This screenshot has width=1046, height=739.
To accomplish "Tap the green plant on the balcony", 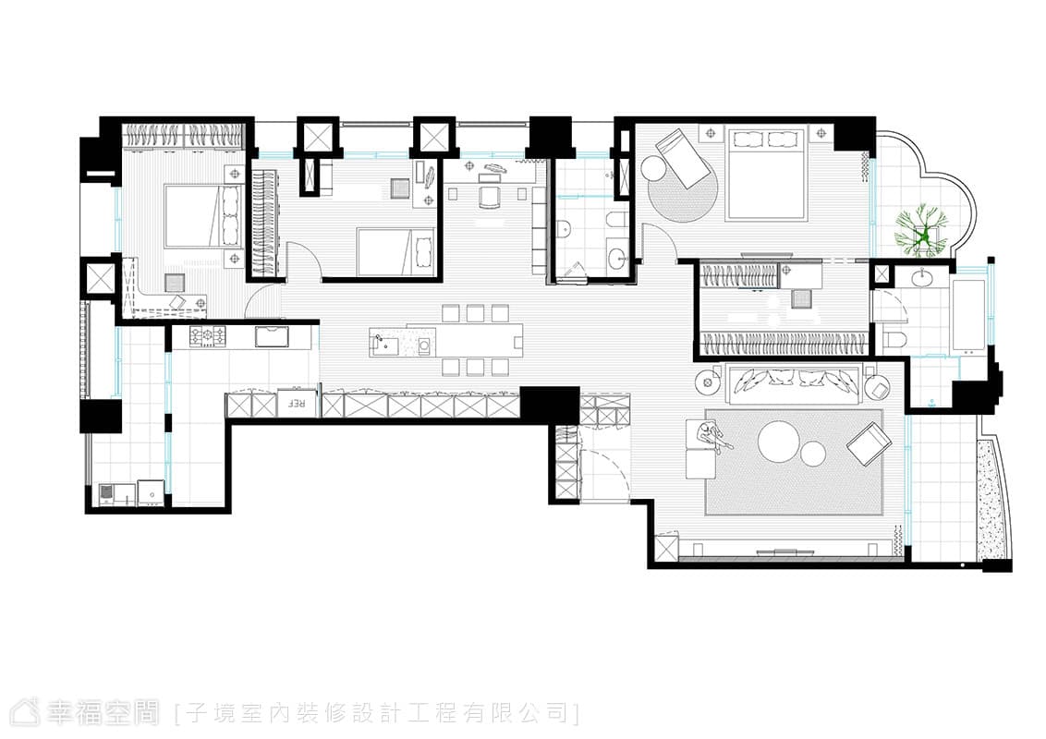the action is pyautogui.click(x=921, y=229).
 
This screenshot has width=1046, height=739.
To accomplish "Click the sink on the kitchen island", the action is pyautogui.click(x=383, y=345).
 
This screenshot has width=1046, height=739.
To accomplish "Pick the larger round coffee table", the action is pyautogui.click(x=779, y=442).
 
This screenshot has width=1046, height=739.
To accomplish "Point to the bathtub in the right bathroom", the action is pyautogui.click(x=968, y=315).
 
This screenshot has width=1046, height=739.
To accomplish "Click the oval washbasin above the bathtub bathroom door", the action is pyautogui.click(x=924, y=276).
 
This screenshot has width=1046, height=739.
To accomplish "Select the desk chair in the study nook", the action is pyautogui.click(x=491, y=197).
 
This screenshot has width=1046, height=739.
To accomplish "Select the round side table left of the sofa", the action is pyautogui.click(x=708, y=382).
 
